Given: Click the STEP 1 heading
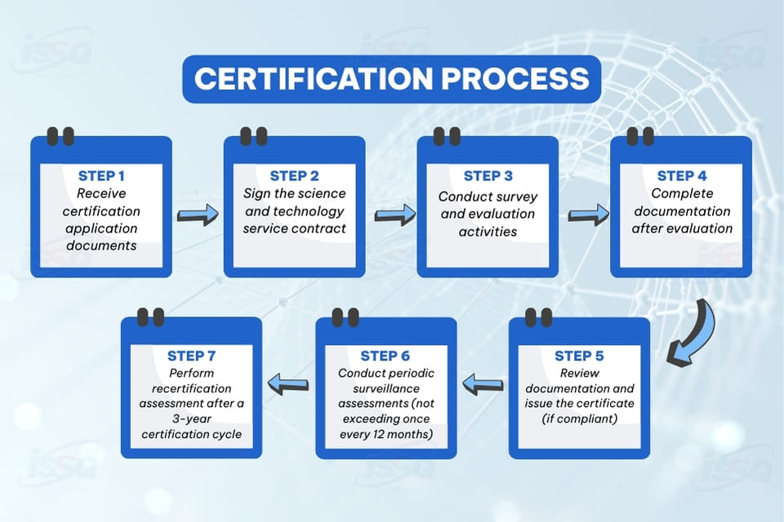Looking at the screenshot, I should [101, 176].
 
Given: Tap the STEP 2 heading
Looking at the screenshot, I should [295, 176].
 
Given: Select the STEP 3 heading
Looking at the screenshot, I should [488, 176].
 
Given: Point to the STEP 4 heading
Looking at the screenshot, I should [682, 176].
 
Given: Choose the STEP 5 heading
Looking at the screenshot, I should [579, 356].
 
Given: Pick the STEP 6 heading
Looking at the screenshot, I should [385, 356].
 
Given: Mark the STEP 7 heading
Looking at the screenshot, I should [192, 356].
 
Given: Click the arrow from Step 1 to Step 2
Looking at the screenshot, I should [198, 215].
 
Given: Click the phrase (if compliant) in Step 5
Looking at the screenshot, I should [579, 418].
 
